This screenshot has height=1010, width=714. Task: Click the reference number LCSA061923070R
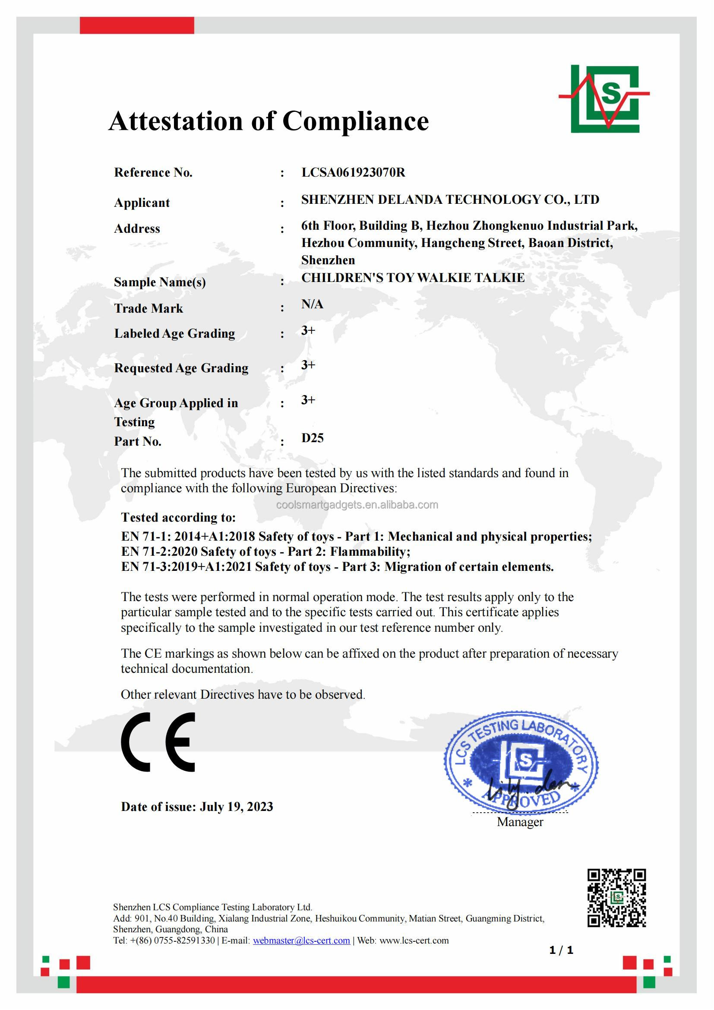(353, 172)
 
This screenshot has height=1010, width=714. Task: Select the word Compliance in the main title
(355, 121)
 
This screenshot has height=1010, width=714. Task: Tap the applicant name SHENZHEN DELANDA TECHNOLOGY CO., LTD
(450, 200)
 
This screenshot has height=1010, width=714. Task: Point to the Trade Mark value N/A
(312, 304)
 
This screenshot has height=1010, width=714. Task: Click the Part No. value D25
(312, 438)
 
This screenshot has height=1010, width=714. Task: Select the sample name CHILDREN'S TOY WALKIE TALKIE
(412, 278)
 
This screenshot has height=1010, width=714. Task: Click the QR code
(617, 898)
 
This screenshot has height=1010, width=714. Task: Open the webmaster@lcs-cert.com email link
(301, 940)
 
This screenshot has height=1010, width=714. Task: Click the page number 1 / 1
(561, 950)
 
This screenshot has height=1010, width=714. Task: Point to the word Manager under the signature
(520, 822)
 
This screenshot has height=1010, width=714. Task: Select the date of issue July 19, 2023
(236, 807)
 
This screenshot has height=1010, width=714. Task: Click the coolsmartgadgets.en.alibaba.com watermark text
(357, 505)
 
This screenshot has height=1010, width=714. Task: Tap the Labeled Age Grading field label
(174, 333)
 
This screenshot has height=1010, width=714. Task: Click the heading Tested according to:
(178, 517)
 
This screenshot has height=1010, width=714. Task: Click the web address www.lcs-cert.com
(414, 940)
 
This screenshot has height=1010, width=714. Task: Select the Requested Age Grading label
(181, 368)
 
